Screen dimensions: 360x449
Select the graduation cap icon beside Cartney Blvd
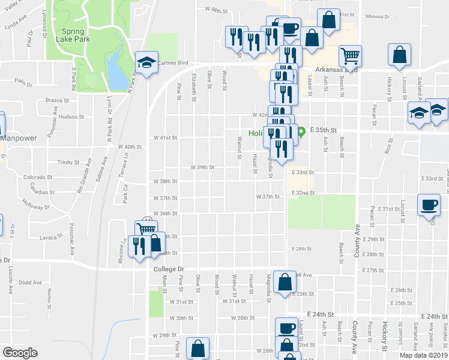(146, 62)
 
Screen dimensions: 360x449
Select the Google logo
(20, 353)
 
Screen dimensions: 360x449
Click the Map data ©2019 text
(423, 355)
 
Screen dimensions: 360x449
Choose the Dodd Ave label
(30, 282)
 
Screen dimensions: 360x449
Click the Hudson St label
(71, 117)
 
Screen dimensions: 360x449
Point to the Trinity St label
(68, 162)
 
